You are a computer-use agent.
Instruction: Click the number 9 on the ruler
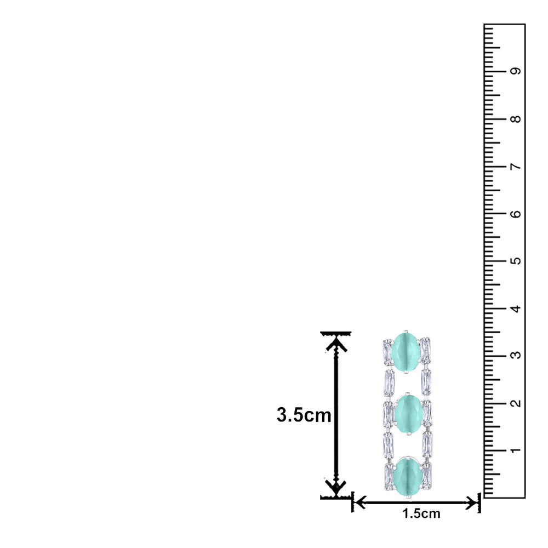click(x=516, y=71)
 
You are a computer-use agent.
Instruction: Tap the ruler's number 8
click(x=516, y=119)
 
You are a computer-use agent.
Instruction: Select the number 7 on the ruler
click(x=516, y=167)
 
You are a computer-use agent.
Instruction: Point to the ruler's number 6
click(x=516, y=214)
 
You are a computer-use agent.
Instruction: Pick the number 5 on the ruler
click(x=516, y=261)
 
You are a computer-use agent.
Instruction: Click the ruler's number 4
click(x=516, y=308)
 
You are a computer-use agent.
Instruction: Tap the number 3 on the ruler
click(x=516, y=356)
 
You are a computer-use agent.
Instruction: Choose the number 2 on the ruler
click(x=516, y=403)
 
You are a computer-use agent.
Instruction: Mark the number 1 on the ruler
click(x=516, y=450)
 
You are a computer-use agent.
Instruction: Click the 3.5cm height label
click(x=304, y=415)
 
